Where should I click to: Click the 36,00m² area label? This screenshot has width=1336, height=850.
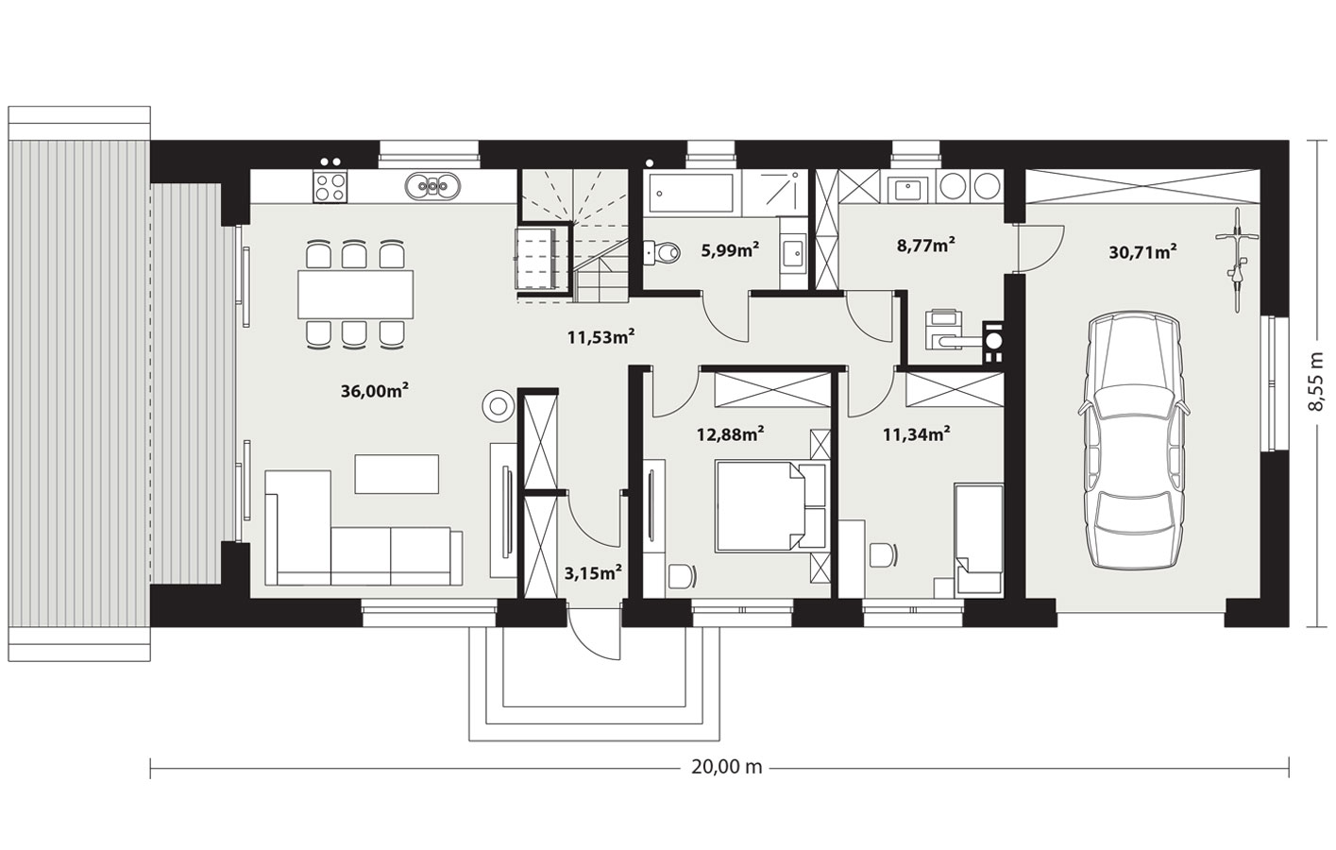[x=375, y=391]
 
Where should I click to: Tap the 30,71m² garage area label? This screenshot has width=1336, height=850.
[x=1142, y=252]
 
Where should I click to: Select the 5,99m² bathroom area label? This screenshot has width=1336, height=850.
[x=730, y=250]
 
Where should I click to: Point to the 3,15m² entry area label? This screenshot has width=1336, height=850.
[x=594, y=573]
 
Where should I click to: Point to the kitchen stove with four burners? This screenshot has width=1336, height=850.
[x=330, y=187]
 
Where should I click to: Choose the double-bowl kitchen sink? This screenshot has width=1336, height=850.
[x=432, y=185]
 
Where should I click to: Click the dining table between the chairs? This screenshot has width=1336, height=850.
[x=355, y=294]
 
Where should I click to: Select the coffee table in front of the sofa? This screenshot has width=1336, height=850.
[x=397, y=473]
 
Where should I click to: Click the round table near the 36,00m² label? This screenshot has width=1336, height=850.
[x=498, y=405]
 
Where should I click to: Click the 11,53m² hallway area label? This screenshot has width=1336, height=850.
[x=600, y=337]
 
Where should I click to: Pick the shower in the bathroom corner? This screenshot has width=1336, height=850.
[x=772, y=193]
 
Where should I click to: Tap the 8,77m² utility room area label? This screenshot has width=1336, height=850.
[x=926, y=246]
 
